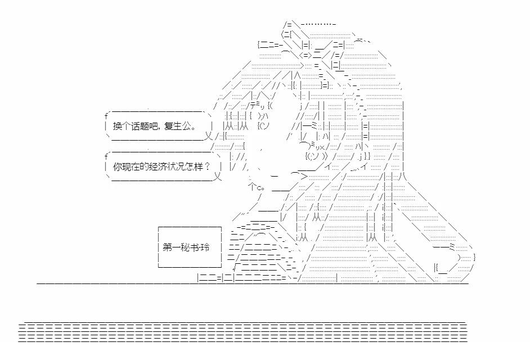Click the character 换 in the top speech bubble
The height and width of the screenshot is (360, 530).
[116, 125]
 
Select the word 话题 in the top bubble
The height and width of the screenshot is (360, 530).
[137, 125]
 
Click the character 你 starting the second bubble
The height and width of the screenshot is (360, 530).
[116, 166]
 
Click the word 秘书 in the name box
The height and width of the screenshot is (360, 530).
[188, 247]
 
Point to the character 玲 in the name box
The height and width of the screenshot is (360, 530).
[203, 247]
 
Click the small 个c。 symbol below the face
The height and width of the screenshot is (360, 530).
[257, 187]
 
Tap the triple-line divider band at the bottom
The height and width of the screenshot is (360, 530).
[242, 332]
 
